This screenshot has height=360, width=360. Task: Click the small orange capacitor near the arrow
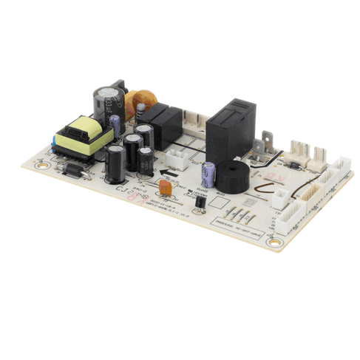pos(166,189)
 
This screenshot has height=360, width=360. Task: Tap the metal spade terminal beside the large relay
pos(263,148)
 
